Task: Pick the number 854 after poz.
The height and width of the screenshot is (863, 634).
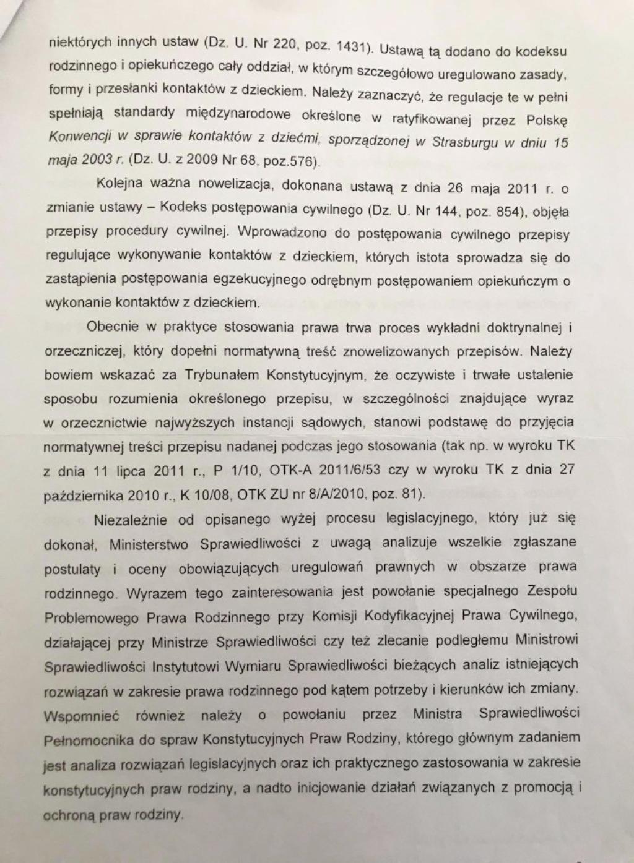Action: click(507, 211)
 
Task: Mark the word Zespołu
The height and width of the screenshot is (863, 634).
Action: click(544, 590)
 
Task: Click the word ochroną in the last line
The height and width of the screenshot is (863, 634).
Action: click(69, 815)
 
